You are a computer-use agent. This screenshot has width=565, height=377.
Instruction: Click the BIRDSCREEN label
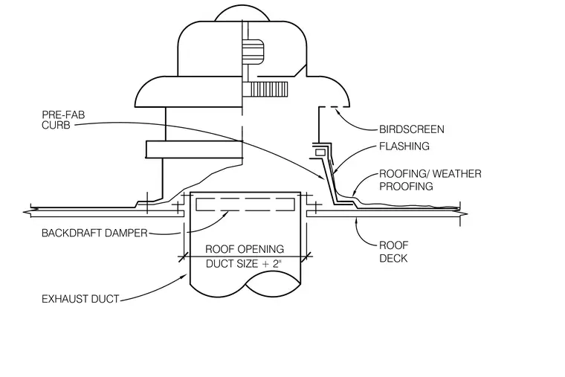pyautogui.click(x=412, y=129)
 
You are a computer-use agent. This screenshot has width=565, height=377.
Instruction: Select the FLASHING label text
pyautogui.click(x=404, y=146)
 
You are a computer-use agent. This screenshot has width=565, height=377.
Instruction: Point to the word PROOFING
pyautogui.click(x=406, y=187)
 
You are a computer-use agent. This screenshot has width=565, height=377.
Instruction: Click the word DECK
pyautogui.click(x=393, y=259)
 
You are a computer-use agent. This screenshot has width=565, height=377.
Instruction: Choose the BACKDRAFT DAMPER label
pyautogui.click(x=94, y=233)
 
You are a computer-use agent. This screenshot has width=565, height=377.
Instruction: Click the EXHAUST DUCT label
pyautogui.click(x=80, y=299)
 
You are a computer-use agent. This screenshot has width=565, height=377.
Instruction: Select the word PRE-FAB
pyautogui.click(x=63, y=115)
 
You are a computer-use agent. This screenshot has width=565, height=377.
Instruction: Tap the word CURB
pyautogui.click(x=56, y=125)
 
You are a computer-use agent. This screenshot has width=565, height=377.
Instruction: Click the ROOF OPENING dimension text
pyautogui.click(x=245, y=249)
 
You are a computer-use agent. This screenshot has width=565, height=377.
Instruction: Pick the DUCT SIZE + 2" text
pyautogui.click(x=243, y=264)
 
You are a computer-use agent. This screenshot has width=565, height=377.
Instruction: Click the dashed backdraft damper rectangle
pyautogui.click(x=245, y=204)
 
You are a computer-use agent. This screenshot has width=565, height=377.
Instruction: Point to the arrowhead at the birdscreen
pyautogui.click(x=338, y=111)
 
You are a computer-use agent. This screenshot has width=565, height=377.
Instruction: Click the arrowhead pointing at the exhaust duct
pyautogui.click(x=184, y=277)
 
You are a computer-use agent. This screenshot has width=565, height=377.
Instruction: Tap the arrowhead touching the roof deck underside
pyautogui.click(x=357, y=221)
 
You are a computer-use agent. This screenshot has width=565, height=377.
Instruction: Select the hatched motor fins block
pyautogui.click(x=269, y=89)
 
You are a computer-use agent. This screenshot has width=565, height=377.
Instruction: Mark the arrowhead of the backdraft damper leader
pyautogui.click(x=226, y=214)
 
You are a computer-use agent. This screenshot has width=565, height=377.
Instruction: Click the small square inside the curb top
pyautogui.click(x=320, y=152)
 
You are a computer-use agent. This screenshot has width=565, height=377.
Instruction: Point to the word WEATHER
pyautogui.click(x=457, y=174)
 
